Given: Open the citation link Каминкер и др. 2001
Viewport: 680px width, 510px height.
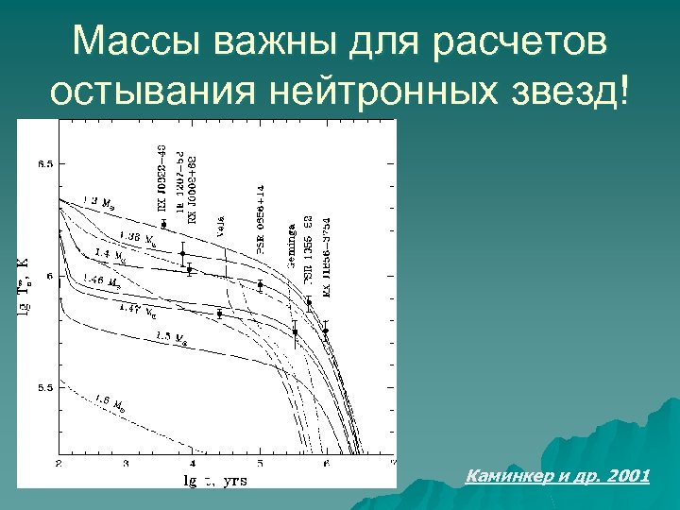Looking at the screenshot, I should click(558, 476).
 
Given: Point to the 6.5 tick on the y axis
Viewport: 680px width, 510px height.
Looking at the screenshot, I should click(44, 164).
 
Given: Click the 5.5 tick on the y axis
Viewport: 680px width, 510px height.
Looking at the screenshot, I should click(44, 387).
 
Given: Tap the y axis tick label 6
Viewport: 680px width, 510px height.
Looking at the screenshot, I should click(50, 276).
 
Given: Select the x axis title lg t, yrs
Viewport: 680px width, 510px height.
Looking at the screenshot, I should click(214, 480).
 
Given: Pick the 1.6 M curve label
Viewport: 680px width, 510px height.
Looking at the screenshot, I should click(110, 403).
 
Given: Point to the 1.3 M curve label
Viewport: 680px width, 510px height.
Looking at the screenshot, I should click(100, 202).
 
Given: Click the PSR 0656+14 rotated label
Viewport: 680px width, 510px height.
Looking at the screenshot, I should click(261, 219).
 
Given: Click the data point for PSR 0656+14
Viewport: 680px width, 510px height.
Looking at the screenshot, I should click(260, 284).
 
